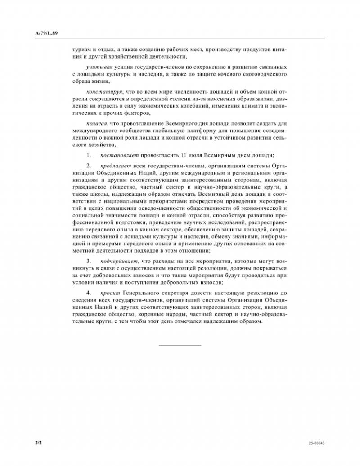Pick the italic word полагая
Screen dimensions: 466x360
pos(96,123)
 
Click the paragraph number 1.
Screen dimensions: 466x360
pos(89,155)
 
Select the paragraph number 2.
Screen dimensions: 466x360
pos(89,166)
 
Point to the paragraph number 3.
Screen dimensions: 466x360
pos(89,261)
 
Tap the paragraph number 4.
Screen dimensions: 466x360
pos(89,293)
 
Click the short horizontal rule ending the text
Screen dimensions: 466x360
pos(180,345)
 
